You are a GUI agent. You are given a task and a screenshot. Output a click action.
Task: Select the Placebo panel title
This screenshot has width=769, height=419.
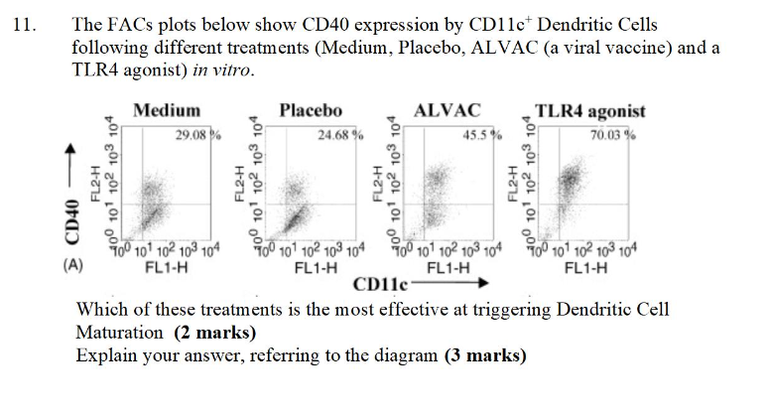pyautogui.click(x=310, y=110)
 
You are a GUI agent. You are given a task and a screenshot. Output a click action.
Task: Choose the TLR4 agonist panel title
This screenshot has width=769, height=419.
pyautogui.click(x=589, y=111)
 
